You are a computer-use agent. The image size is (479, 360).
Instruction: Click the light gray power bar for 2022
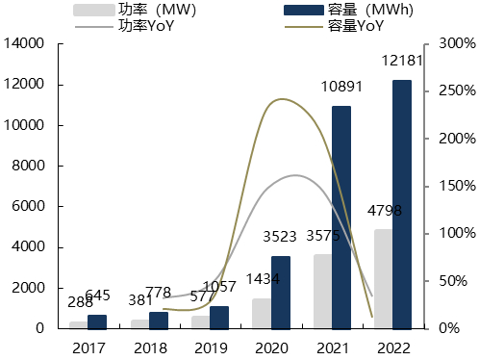tap(383, 278)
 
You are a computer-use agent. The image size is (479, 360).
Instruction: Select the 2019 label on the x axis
tap(209, 347)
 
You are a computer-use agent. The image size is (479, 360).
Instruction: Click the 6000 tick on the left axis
tap(28, 207)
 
